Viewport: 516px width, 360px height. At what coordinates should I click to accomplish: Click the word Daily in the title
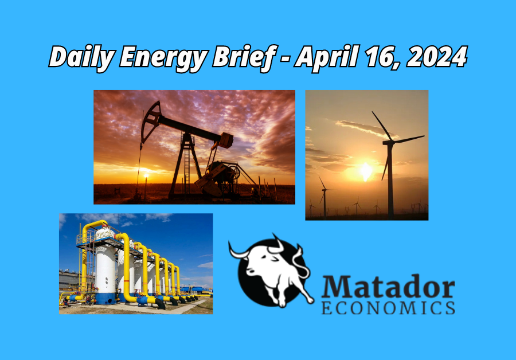click(x=81, y=57)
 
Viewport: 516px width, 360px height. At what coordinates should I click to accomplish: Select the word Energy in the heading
click(x=163, y=58)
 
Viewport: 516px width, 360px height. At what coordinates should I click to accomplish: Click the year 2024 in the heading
click(x=437, y=57)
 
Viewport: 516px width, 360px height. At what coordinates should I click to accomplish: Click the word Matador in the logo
click(x=388, y=287)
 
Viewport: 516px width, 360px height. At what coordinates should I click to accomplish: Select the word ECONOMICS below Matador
click(x=388, y=308)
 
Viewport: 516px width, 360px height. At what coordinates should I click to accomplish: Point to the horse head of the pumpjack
click(x=150, y=120)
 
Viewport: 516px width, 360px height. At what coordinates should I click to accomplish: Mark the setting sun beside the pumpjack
click(x=146, y=175)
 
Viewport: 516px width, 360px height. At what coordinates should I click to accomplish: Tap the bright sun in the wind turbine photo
click(x=366, y=171)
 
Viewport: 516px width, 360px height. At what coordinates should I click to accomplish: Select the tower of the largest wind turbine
click(x=390, y=181)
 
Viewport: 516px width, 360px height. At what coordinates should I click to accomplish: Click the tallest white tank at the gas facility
click(x=105, y=267)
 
